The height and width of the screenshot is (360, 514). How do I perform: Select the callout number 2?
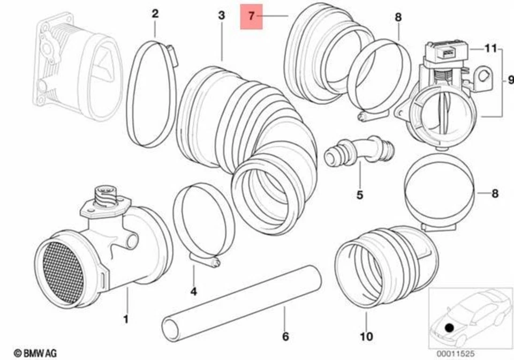pyautogui.click(x=155, y=14)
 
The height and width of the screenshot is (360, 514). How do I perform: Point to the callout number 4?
pyautogui.click(x=194, y=291)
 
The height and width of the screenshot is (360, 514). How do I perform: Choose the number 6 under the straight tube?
pyautogui.click(x=285, y=336)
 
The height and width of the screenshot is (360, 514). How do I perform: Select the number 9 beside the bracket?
pyautogui.click(x=504, y=81)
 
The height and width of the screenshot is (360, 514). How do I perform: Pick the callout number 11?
pyautogui.click(x=488, y=48)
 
